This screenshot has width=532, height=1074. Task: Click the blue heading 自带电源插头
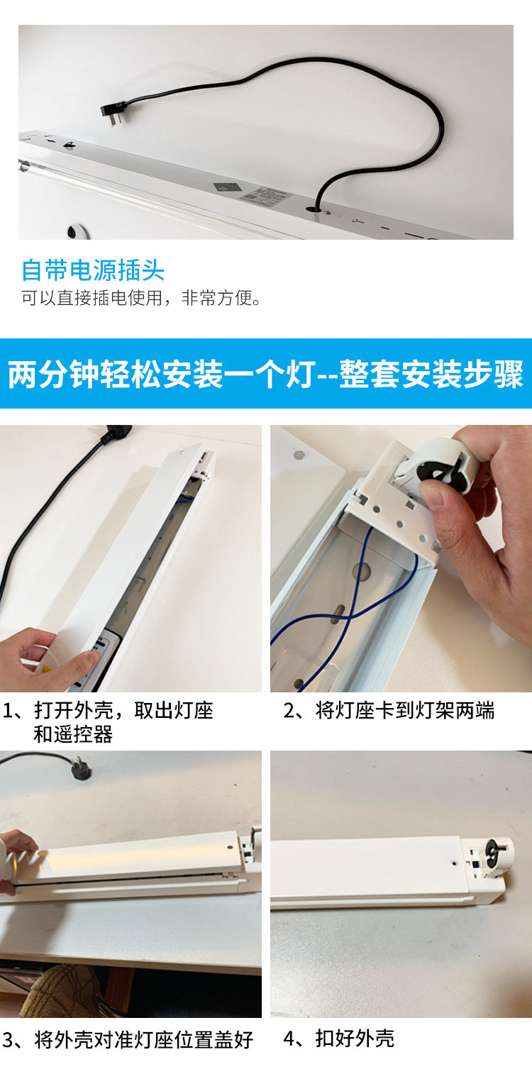click(93, 270)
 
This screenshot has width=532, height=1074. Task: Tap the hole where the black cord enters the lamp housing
click(312, 209)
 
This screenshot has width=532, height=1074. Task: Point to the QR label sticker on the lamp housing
click(266, 195)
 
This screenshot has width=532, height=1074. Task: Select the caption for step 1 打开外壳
click(108, 721)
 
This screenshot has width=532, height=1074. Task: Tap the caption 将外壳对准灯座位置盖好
click(128, 1040)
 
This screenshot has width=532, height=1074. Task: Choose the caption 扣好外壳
click(338, 1039)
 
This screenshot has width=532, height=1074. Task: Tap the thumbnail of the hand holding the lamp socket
click(401, 558)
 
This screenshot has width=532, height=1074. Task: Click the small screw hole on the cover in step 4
click(454, 863)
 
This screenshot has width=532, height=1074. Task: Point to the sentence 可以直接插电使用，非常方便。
click(141, 298)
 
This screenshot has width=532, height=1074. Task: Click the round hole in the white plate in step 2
click(298, 453)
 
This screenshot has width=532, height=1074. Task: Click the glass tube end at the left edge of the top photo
click(23, 166)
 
